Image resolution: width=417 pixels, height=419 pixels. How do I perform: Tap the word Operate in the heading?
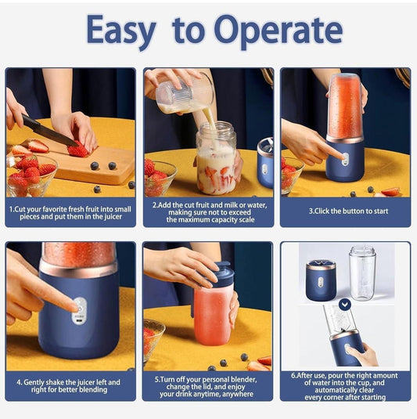[x=278, y=31]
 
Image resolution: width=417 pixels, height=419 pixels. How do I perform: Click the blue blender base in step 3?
[x=344, y=161]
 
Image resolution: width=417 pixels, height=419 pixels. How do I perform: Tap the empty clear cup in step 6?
[x=361, y=273]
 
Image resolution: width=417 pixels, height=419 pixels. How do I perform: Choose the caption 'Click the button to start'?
[x=345, y=210]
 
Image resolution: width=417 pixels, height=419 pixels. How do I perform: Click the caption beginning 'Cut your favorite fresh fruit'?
[x=70, y=214]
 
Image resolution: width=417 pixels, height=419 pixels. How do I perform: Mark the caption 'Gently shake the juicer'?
[x=70, y=386]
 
